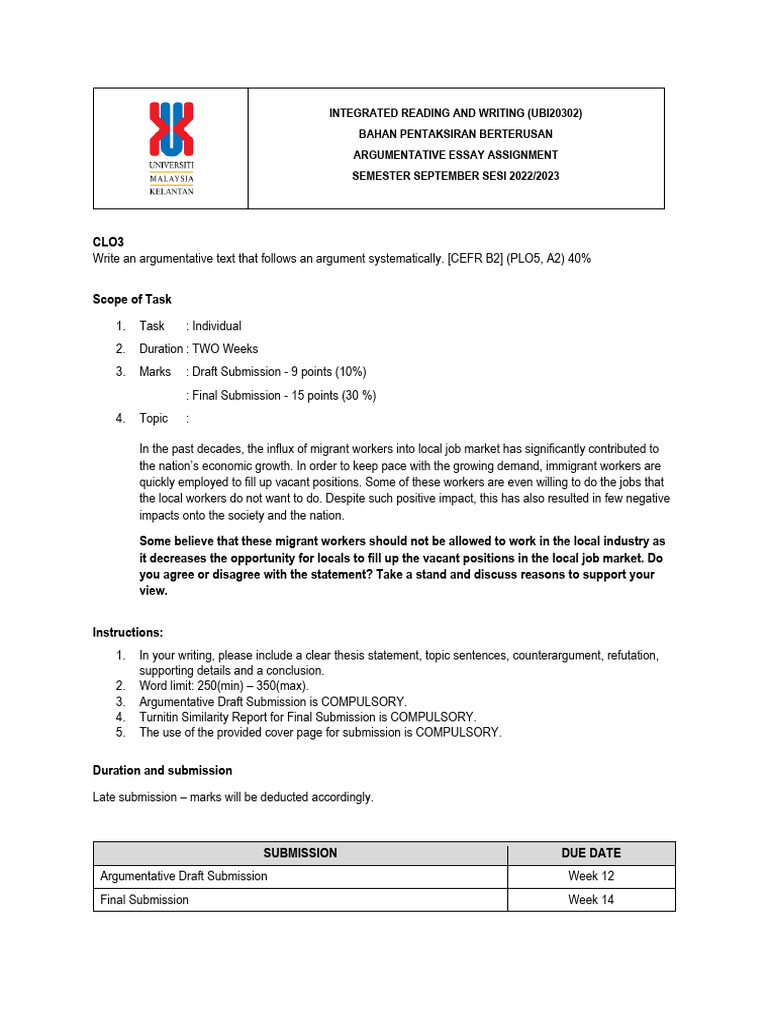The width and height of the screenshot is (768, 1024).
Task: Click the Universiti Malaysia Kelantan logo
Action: [171, 148]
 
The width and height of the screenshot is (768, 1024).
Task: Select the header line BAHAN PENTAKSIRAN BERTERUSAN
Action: [455, 134]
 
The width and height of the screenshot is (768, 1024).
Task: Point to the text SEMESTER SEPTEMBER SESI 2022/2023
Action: [455, 176]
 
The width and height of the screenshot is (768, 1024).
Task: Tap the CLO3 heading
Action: [108, 242]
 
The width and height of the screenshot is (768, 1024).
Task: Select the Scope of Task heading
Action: [132, 299]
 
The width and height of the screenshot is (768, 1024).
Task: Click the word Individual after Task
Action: [216, 326]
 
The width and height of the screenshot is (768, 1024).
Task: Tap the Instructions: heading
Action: [128, 632]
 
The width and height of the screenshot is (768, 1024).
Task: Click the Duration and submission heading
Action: [162, 771]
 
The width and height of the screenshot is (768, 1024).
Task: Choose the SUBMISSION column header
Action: [300, 853]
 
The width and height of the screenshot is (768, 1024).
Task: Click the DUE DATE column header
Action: [590, 853]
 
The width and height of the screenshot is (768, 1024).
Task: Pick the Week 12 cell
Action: [590, 876]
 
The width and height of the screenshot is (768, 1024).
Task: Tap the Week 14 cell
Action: [590, 900]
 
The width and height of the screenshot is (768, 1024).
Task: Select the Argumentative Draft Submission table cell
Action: [184, 876]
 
